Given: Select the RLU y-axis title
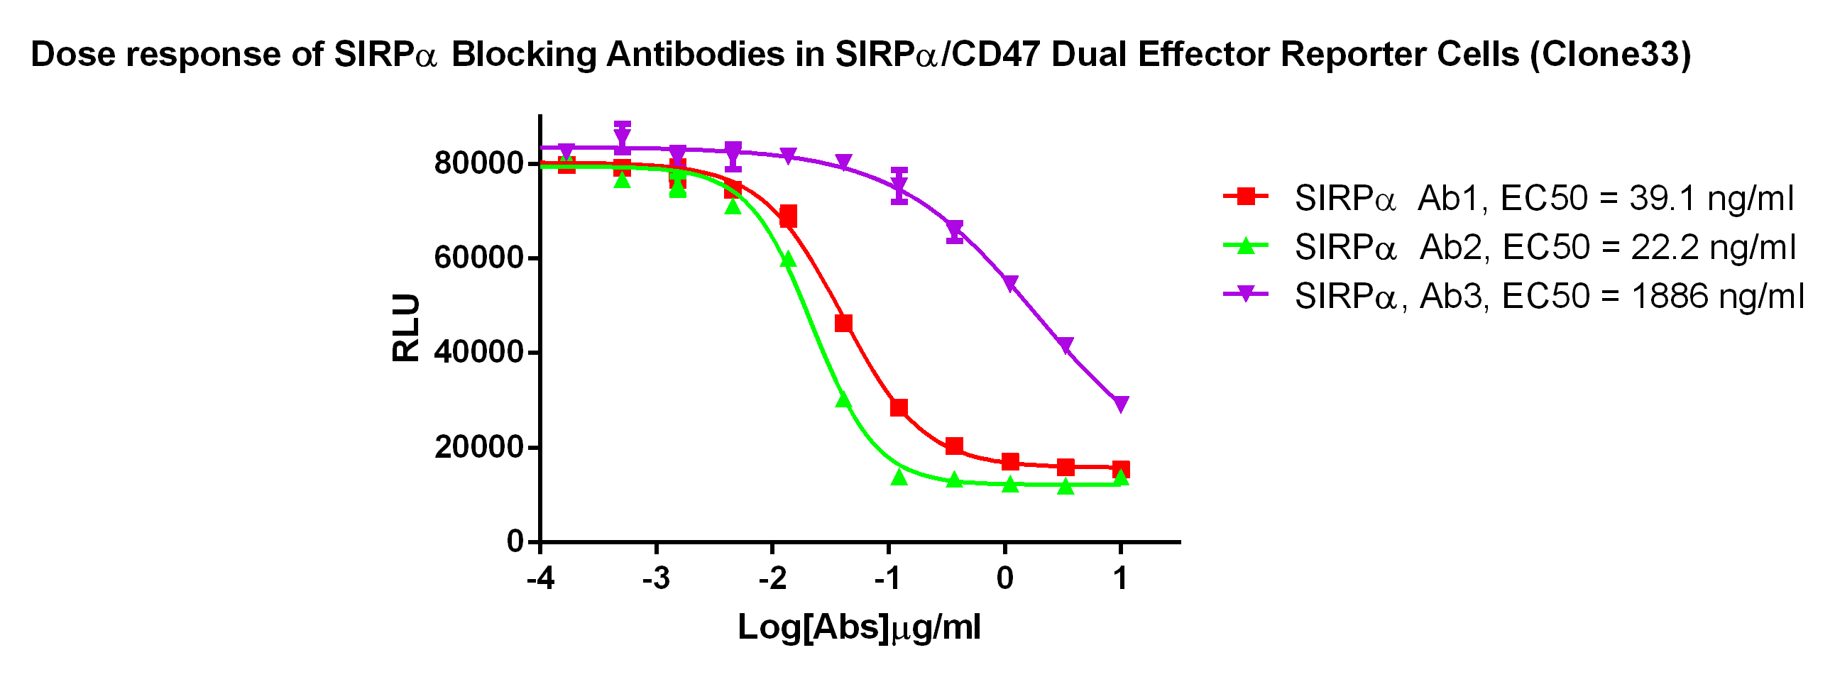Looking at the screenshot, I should point(406,327).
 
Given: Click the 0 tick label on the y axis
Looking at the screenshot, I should point(515,541).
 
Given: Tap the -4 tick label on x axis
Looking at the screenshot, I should point(541,579).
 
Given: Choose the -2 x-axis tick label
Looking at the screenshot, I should point(772,579).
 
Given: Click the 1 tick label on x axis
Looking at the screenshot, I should point(1120,579).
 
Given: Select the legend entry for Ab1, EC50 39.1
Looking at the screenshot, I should point(1543,198).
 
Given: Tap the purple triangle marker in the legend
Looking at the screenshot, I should point(1246,294).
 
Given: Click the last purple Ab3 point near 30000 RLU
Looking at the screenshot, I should point(1120,404).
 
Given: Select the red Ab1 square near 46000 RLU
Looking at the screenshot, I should point(843,324).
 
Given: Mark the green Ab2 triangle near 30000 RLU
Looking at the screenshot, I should point(843,400).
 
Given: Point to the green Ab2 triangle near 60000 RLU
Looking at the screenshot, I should point(788,260).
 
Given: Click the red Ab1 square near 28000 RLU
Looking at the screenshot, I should point(899,408).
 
